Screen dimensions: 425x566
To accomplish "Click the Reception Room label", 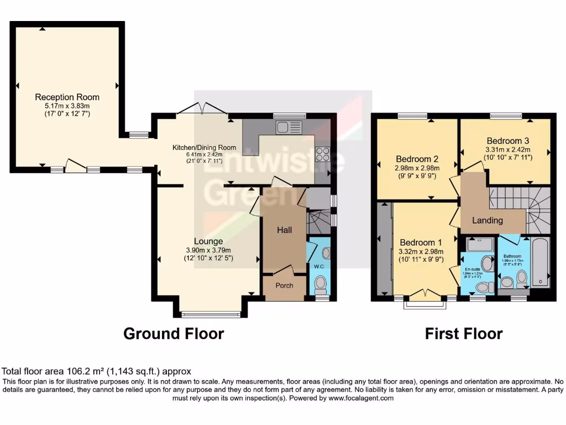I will coord(67,97).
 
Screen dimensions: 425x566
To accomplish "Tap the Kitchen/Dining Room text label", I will coord(204,148).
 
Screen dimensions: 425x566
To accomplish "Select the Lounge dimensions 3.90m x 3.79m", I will coord(208,250).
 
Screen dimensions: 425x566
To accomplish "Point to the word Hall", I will coord(284,230).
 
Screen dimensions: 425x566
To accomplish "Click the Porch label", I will coord(284,286).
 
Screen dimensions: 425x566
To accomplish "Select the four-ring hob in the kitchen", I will coord(322,154).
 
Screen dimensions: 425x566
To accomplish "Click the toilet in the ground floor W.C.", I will coord(320,285).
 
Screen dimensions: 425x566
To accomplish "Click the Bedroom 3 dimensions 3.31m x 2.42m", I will coord(507,149).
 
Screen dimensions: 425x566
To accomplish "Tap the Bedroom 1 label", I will coord(421,242).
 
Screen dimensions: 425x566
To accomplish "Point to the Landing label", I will coord(487,220).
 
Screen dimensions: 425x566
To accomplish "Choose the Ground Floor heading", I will coord(173,334).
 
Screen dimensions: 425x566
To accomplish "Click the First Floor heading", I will coord(463,334).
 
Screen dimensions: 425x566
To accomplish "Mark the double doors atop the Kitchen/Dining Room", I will coord(202,108).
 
